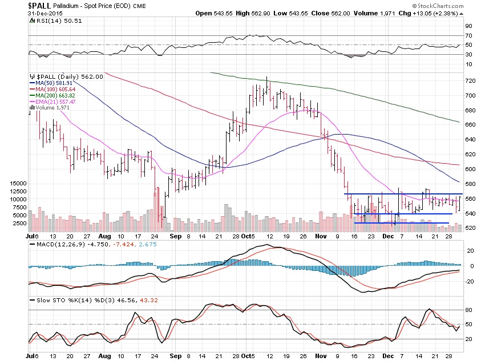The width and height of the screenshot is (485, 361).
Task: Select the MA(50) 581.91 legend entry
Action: [54, 83]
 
